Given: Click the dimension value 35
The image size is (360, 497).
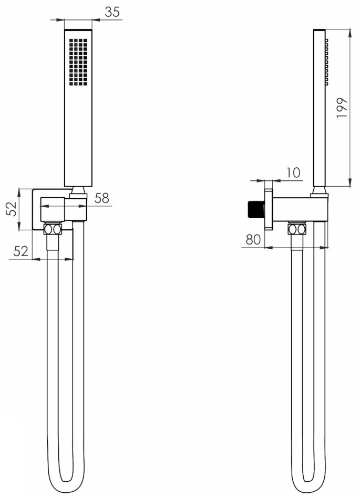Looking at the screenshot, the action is tap(112, 12).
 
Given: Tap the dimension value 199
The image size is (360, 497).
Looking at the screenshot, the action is tap(342, 108).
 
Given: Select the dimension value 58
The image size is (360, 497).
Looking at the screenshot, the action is tap(102, 198).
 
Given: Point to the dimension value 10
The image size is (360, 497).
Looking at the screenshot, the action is tap(293, 173).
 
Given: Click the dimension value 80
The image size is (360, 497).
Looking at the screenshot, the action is tap(253, 240).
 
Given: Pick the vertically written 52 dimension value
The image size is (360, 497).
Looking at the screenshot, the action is tap(12, 208).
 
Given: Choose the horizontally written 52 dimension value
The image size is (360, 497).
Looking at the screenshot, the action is tap(21, 251).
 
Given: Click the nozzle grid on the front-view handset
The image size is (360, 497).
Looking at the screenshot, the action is tap(78, 62).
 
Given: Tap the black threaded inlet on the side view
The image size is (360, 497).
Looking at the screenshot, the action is tap(255, 211).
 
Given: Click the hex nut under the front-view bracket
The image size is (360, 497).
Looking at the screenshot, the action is tap(53, 229).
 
